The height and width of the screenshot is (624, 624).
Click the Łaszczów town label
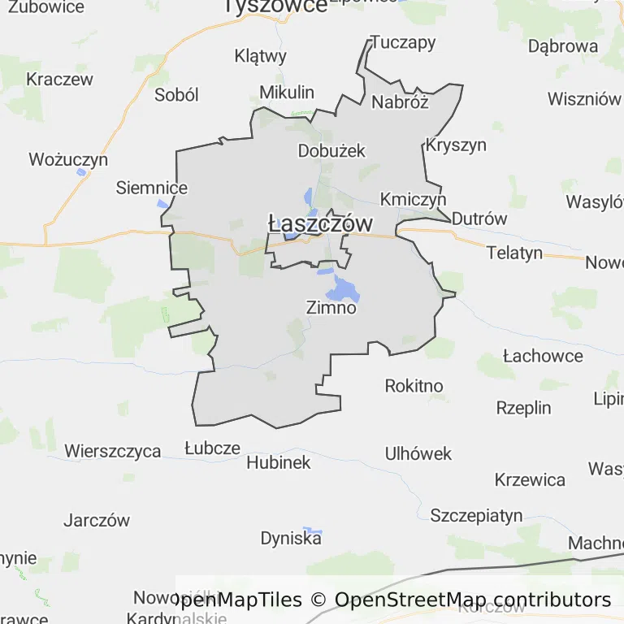click(320, 223)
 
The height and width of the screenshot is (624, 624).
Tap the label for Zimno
click(331, 308)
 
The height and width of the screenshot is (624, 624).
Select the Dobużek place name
click(331, 150)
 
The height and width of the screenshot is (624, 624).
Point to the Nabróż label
click(399, 102)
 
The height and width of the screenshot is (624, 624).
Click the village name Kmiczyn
click(413, 199)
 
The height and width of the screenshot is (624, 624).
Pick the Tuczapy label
click(403, 42)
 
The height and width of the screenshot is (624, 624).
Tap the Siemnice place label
click(152, 188)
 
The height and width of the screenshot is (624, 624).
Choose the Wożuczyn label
click(68, 159)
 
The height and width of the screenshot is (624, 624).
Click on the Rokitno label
click(414, 385)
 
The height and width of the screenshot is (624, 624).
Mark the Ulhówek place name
click(418, 453)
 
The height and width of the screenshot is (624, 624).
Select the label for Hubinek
click(278, 462)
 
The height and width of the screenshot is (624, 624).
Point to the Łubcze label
click(212, 448)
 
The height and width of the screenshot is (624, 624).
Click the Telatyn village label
click(514, 253)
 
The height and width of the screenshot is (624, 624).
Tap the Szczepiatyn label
click(476, 515)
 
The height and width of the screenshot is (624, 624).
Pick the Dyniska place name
click(291, 538)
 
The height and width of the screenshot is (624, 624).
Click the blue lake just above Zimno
click(343, 288)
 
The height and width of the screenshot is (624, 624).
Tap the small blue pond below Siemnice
click(163, 203)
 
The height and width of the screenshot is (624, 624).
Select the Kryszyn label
click(456, 145)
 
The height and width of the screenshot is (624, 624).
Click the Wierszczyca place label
click(113, 451)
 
